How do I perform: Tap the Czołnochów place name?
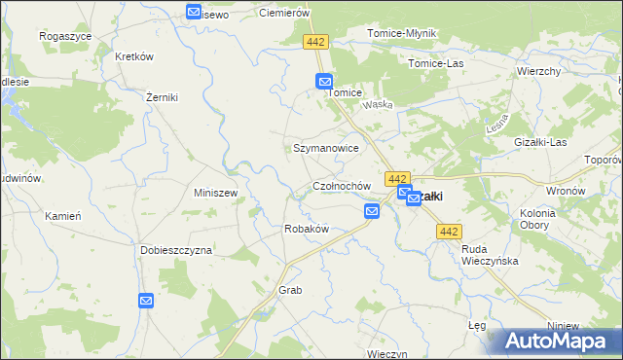[341, 186]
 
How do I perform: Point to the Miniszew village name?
[216, 193]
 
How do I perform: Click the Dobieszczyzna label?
[175, 250]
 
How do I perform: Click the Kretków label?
[134, 56]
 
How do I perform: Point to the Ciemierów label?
[284, 14]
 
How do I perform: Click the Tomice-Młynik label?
[402, 33]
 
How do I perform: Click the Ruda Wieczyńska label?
[490, 255]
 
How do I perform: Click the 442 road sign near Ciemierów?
[315, 42]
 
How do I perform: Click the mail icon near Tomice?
[324, 83]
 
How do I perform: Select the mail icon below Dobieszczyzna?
[146, 302]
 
